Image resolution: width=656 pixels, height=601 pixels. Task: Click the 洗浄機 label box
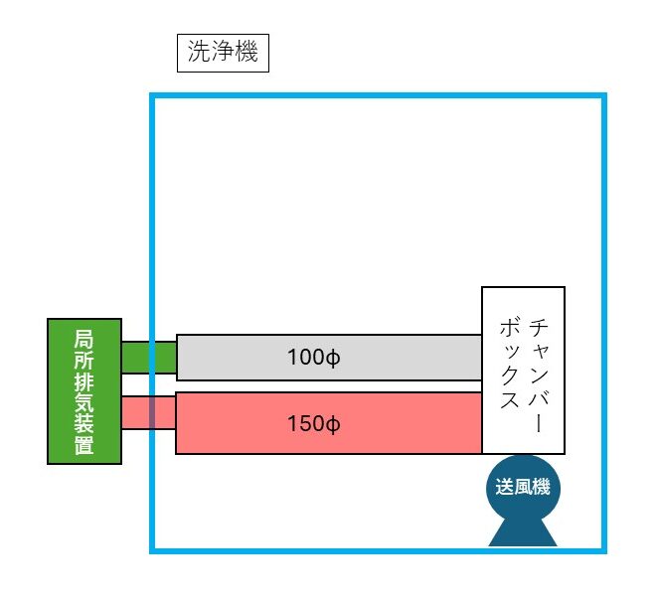[223, 53]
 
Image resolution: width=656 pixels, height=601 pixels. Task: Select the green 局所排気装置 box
[84, 391]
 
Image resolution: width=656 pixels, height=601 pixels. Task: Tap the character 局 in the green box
[84, 338]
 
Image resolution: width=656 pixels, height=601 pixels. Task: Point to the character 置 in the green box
[84, 445]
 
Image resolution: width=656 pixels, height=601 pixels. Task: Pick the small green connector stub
[148, 356]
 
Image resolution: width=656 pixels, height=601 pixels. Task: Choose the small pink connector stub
[148, 412]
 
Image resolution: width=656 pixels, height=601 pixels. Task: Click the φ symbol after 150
[334, 424]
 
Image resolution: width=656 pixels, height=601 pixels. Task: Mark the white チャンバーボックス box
[523, 370]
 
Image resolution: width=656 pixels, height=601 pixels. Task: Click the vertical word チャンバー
[538, 372]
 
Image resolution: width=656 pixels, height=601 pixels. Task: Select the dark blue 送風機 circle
[523, 488]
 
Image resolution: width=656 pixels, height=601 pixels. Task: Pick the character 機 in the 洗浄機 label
[246, 53]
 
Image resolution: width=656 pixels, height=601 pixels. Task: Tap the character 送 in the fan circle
[505, 488]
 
